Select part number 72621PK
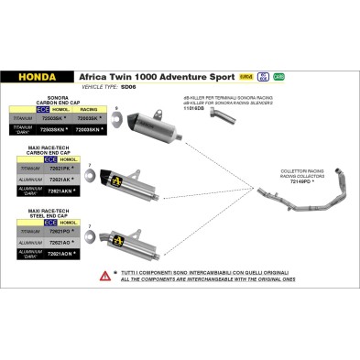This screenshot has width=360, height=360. tap(71, 168)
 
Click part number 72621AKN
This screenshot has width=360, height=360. tap(71, 192)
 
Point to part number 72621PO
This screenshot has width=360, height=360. tap(71, 232)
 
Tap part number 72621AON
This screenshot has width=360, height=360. tap(71, 257)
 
